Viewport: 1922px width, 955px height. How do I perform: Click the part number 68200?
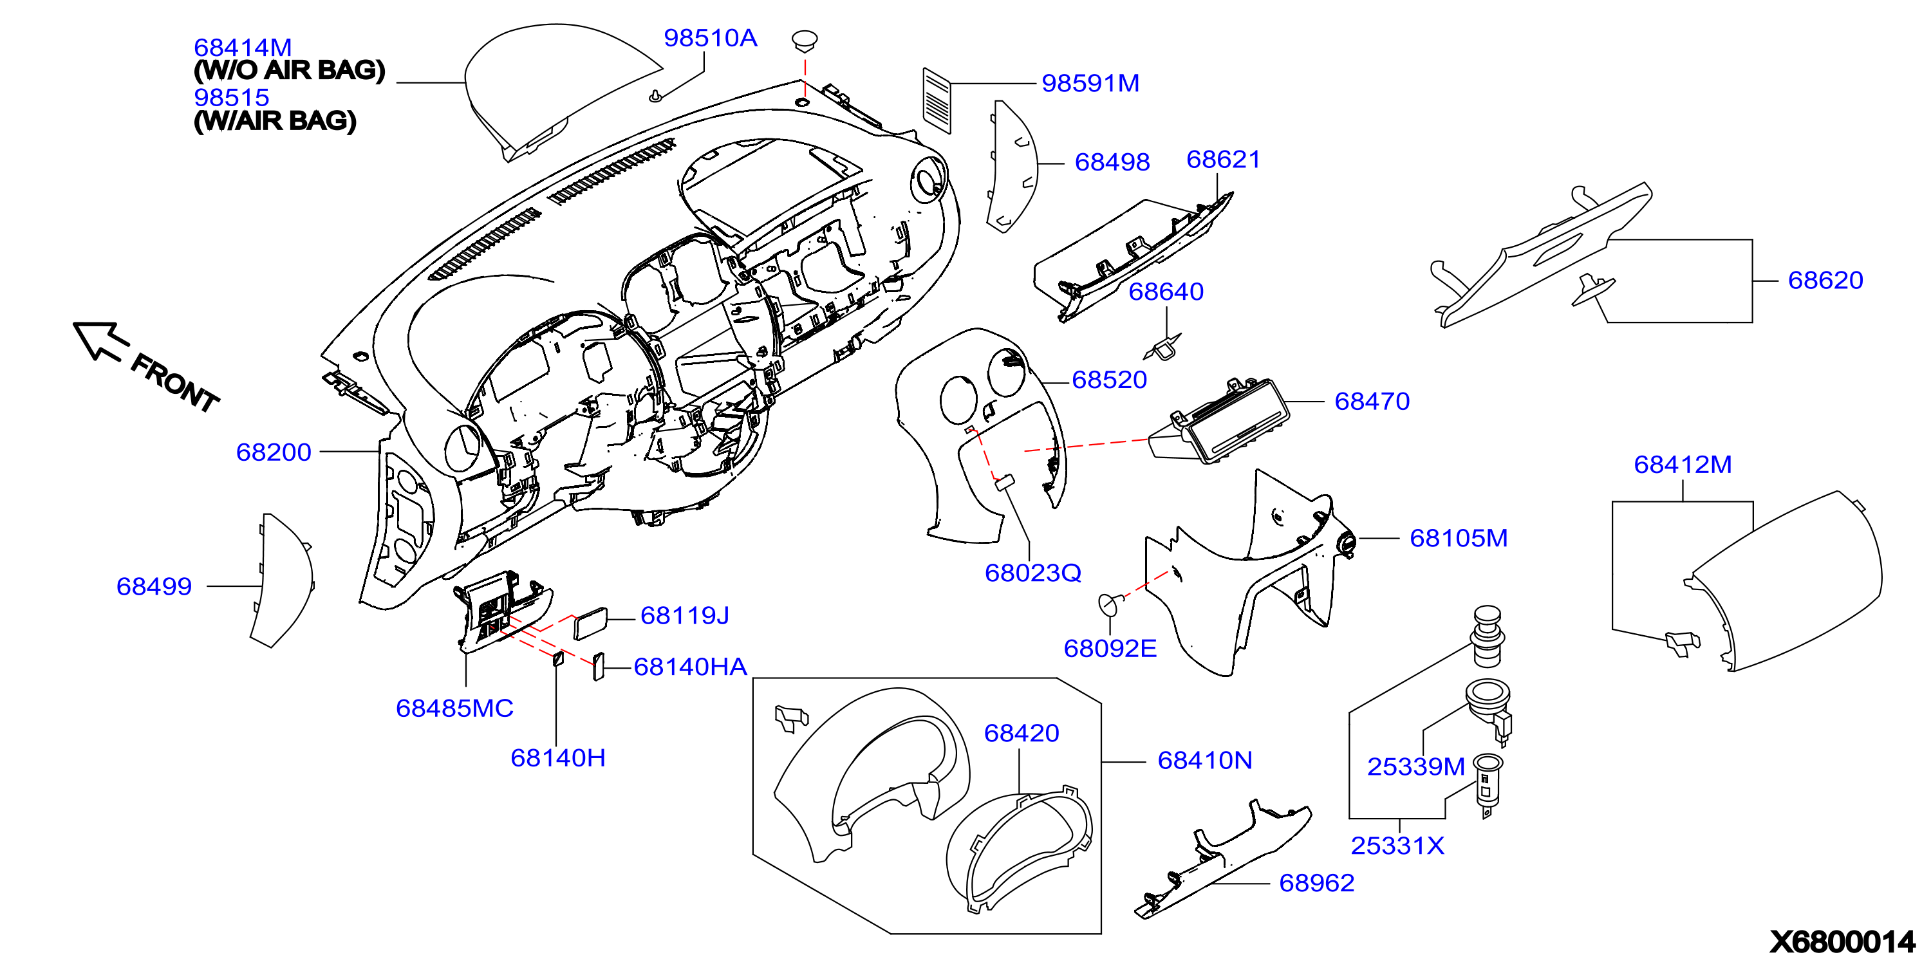pyautogui.click(x=273, y=452)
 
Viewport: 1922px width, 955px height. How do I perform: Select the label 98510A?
pyautogui.click(x=711, y=38)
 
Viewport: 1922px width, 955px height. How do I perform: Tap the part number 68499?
pyautogui.click(x=154, y=586)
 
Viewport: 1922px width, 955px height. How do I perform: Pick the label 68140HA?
pyautogui.click(x=690, y=667)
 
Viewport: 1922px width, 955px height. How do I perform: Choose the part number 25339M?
pyautogui.click(x=1415, y=766)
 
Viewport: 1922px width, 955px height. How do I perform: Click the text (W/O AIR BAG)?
pyautogui.click(x=290, y=70)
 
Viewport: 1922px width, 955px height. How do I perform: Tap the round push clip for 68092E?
pyautogui.click(x=1110, y=603)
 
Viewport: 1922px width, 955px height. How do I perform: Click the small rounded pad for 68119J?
pyautogui.click(x=590, y=624)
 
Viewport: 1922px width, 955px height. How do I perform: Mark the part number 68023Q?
pyautogui.click(x=1032, y=573)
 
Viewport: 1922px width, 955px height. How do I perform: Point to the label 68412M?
pyautogui.click(x=1683, y=465)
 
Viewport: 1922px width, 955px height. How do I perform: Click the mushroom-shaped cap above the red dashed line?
pyautogui.click(x=805, y=41)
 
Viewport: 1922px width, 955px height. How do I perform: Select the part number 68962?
pyautogui.click(x=1316, y=884)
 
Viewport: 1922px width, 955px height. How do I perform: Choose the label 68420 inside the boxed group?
pyautogui.click(x=1022, y=734)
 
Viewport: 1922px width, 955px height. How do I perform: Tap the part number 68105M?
pyautogui.click(x=1459, y=538)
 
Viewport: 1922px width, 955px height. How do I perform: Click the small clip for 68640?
pyautogui.click(x=1163, y=347)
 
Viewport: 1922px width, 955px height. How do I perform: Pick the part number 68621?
pyautogui.click(x=1223, y=160)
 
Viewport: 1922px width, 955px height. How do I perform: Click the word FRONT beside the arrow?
pyautogui.click(x=175, y=384)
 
